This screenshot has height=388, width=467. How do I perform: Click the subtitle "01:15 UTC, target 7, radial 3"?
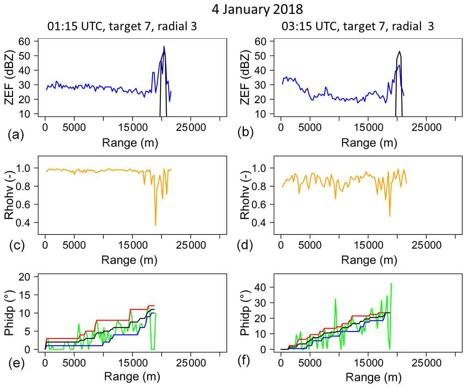pyautogui.click(x=121, y=27)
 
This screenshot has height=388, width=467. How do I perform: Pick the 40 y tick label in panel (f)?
pyautogui.click(x=263, y=287)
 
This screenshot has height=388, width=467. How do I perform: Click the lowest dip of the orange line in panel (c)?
pyautogui.click(x=156, y=225)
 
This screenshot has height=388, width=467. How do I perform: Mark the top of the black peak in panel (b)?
pyautogui.click(x=399, y=51)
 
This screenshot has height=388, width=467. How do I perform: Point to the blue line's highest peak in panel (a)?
pyautogui.click(x=164, y=46)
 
